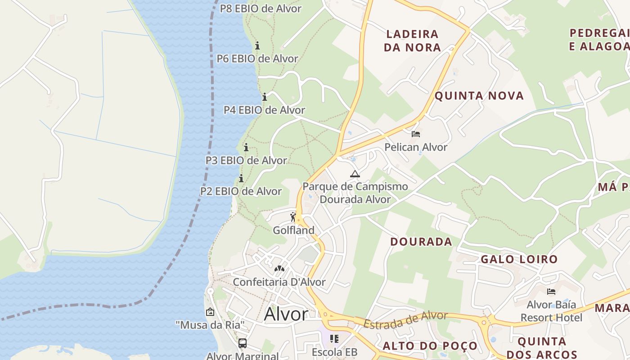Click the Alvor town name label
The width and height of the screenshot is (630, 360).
coord(286,314)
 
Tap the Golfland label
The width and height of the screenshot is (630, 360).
coord(293,230)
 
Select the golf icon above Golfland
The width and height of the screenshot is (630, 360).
coord(293,217)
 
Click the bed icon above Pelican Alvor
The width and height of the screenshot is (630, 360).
coord(416,134)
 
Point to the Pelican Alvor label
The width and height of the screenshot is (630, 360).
coord(416,147)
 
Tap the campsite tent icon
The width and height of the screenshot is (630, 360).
coord(355,174)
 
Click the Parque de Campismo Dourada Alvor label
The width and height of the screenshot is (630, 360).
coord(355,193)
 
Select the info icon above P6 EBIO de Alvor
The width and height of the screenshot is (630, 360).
coord(257,45)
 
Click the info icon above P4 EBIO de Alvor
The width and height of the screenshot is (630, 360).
coord(265,97)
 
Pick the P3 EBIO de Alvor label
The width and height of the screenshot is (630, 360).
coord(246,160)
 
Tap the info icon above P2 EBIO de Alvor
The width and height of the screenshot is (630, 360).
coord(241,179)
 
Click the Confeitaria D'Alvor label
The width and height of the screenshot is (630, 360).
coord(279,282)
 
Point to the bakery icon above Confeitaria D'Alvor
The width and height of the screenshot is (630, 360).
coord(279,269)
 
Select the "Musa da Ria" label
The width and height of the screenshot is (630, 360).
coord(210,324)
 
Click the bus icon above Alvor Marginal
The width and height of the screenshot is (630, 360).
coord(243,343)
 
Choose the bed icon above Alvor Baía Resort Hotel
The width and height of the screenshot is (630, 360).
coord(551,292)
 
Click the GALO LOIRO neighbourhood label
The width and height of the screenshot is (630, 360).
coord(519,259)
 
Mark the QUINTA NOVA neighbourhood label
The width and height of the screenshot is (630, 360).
coord(479,95)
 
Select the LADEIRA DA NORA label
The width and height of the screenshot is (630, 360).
coord(412,40)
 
